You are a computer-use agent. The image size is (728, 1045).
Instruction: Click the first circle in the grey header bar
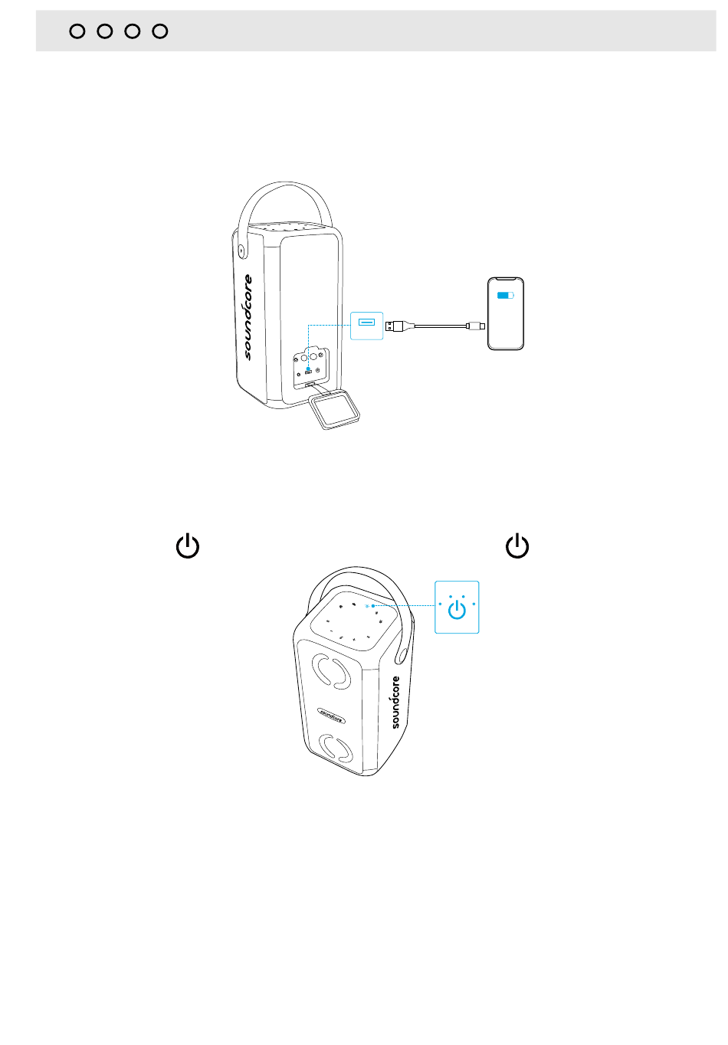(77, 31)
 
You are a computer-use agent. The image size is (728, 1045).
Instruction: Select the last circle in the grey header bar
(160, 31)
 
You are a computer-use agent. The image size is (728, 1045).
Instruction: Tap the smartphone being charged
(506, 314)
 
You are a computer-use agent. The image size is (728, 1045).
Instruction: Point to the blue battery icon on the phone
(505, 295)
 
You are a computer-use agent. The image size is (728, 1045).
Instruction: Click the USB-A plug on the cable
(395, 326)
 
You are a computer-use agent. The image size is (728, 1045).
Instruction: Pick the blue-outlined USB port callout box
(366, 326)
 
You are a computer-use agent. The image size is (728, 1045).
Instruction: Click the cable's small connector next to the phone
(478, 326)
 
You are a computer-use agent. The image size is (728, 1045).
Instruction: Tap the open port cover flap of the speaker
(335, 408)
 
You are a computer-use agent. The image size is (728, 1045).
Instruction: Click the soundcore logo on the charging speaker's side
(248, 316)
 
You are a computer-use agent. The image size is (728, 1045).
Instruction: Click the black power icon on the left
(188, 547)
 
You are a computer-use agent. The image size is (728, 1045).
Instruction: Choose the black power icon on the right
(518, 546)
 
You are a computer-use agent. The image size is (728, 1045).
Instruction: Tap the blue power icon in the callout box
(457, 609)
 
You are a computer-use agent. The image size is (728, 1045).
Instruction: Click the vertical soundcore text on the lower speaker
(395, 702)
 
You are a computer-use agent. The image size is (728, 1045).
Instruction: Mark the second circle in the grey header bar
(105, 31)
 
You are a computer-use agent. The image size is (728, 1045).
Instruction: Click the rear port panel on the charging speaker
(312, 364)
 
